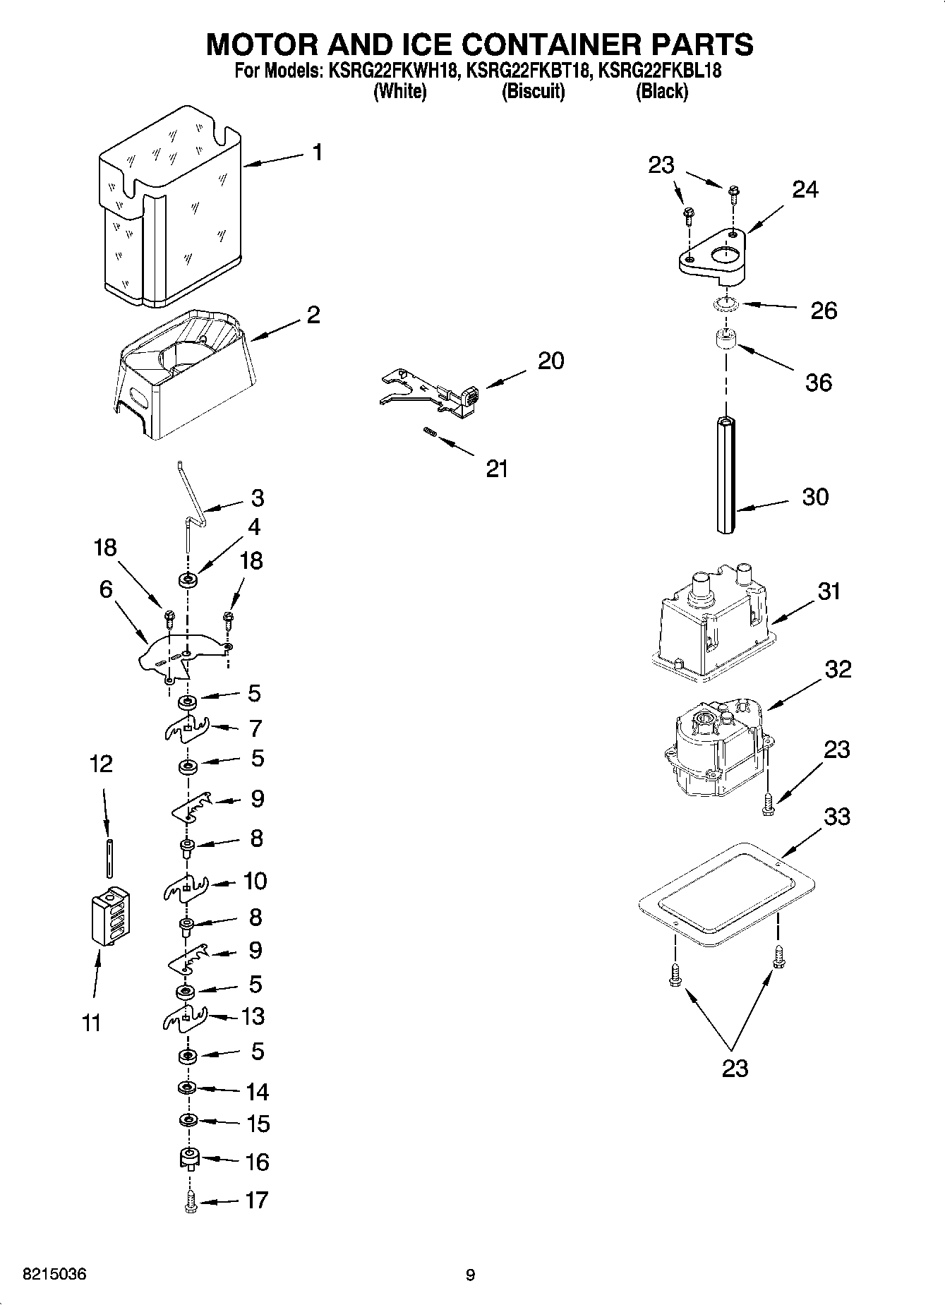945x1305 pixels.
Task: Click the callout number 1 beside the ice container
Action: coord(318,152)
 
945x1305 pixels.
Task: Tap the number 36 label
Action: coord(819,383)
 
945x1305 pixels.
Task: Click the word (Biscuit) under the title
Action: coord(533,92)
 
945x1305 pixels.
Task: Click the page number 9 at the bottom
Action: coord(471,1275)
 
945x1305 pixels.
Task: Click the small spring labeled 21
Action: coord(428,433)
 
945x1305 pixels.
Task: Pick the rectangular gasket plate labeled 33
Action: coord(726,894)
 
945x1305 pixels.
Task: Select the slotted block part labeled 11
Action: coord(111,915)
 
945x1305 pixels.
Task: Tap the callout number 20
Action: coord(550,361)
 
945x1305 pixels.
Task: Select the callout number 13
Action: coord(252,1016)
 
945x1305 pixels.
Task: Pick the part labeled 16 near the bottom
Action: coord(188,1159)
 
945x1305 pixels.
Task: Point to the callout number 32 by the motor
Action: coord(838,669)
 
